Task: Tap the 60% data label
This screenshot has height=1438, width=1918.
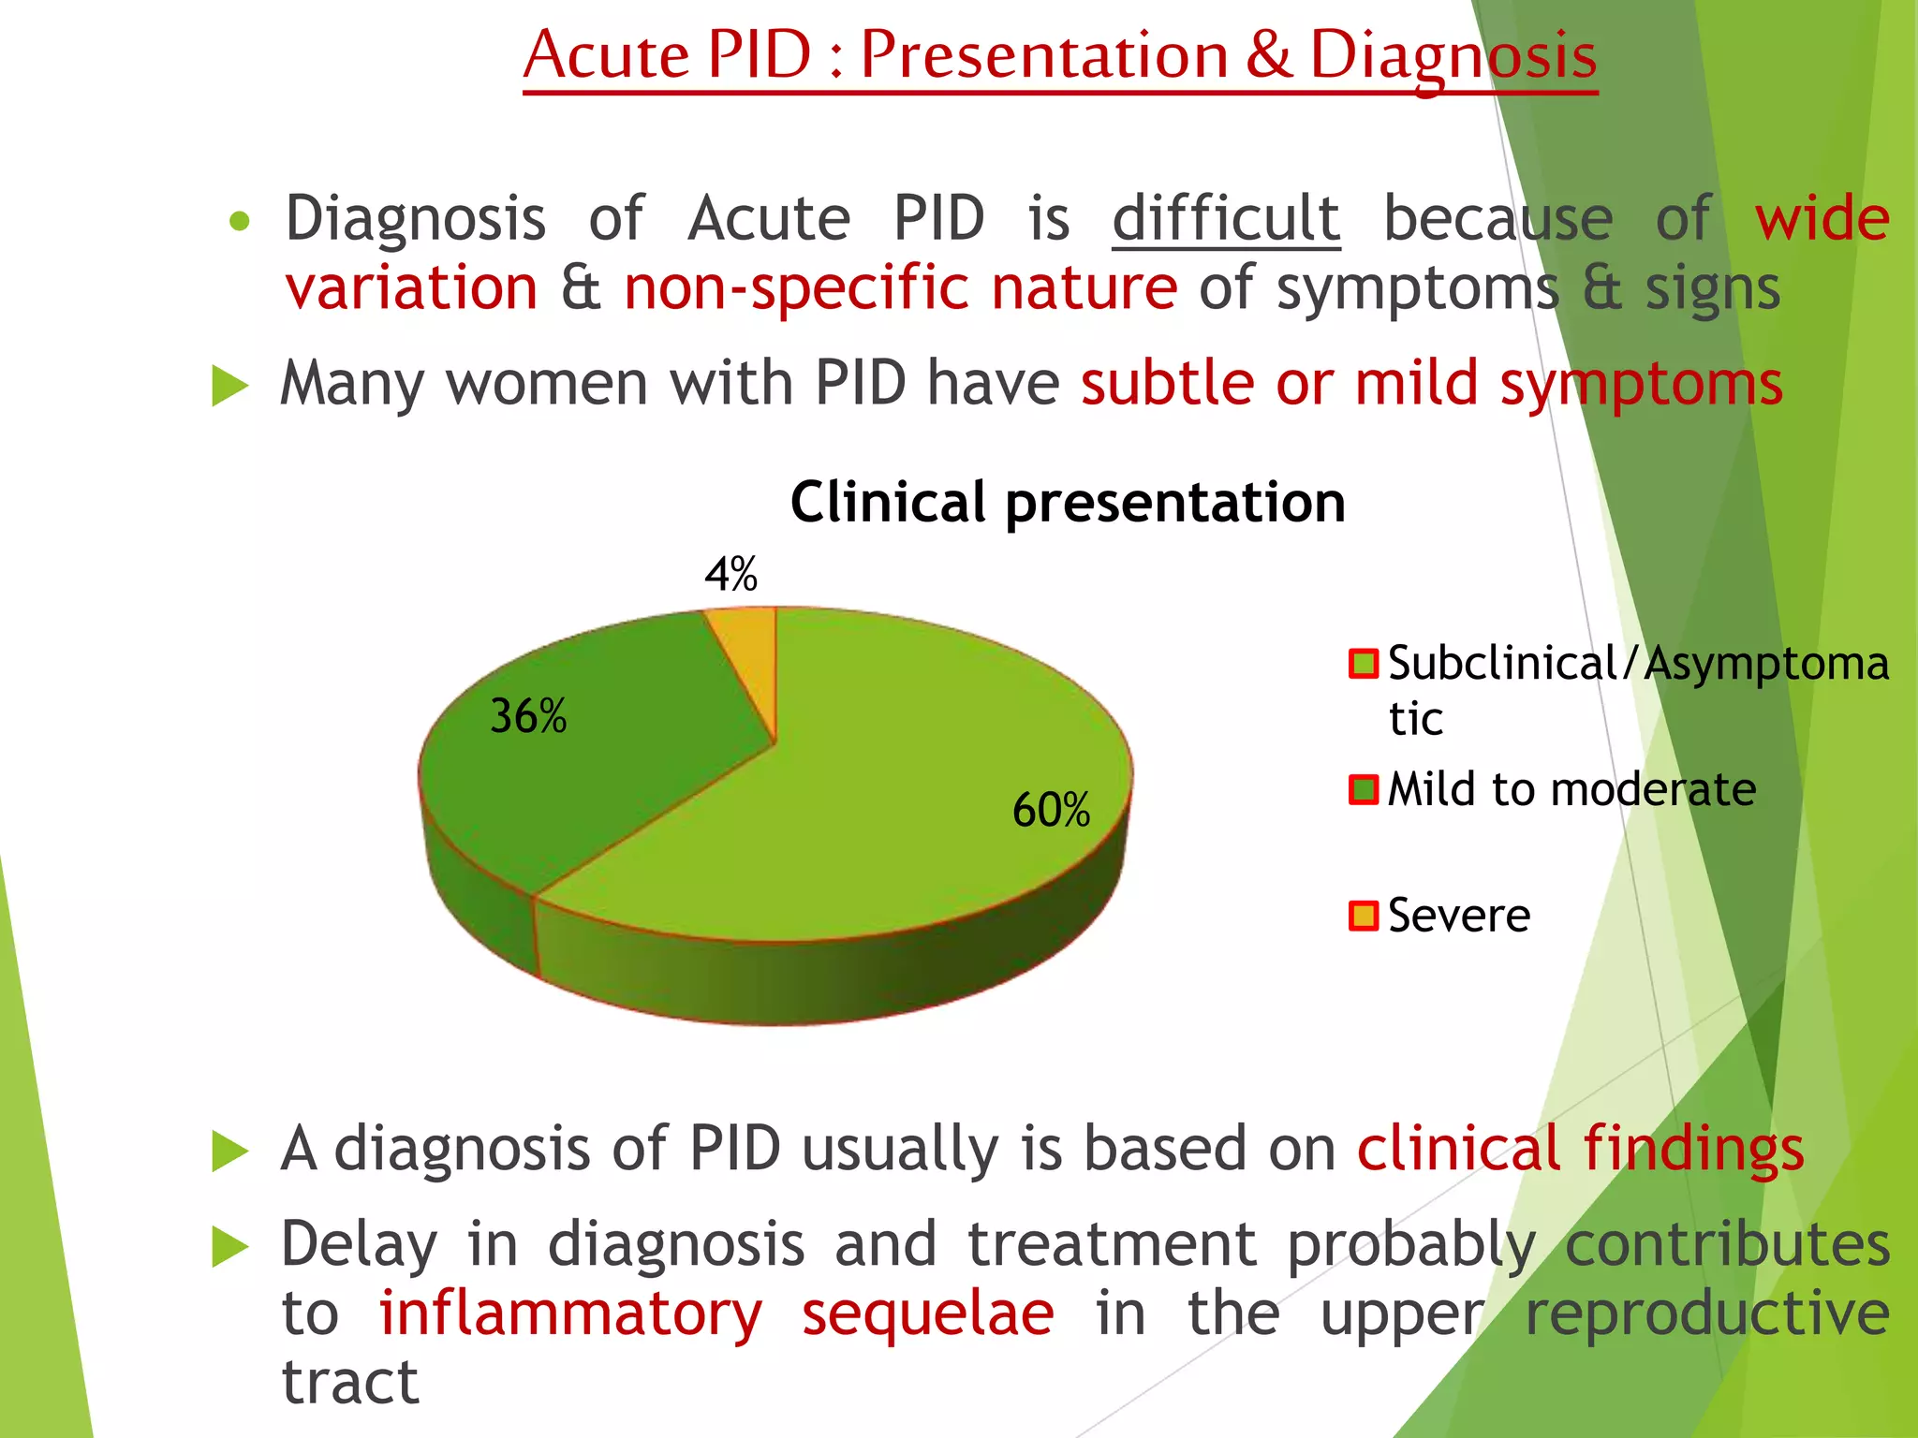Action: tap(1051, 810)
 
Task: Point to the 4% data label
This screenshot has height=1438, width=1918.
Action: tap(730, 574)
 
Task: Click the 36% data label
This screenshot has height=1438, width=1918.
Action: tap(528, 717)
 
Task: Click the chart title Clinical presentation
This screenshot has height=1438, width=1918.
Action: tap(1068, 503)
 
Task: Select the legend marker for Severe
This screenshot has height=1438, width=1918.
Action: tap(1363, 916)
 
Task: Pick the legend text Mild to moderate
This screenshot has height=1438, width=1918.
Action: tap(1571, 789)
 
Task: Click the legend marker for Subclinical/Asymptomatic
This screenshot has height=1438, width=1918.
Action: tap(1363, 664)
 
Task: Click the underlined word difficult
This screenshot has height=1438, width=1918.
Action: tap(1226, 218)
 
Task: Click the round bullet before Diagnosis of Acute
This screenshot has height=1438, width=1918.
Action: tap(240, 222)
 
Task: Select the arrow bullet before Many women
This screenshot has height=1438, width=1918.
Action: tap(229, 386)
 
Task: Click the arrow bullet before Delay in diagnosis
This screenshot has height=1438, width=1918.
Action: tap(229, 1247)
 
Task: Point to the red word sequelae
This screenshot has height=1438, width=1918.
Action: tap(927, 1313)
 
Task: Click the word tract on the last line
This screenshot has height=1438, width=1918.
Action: tap(349, 1382)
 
